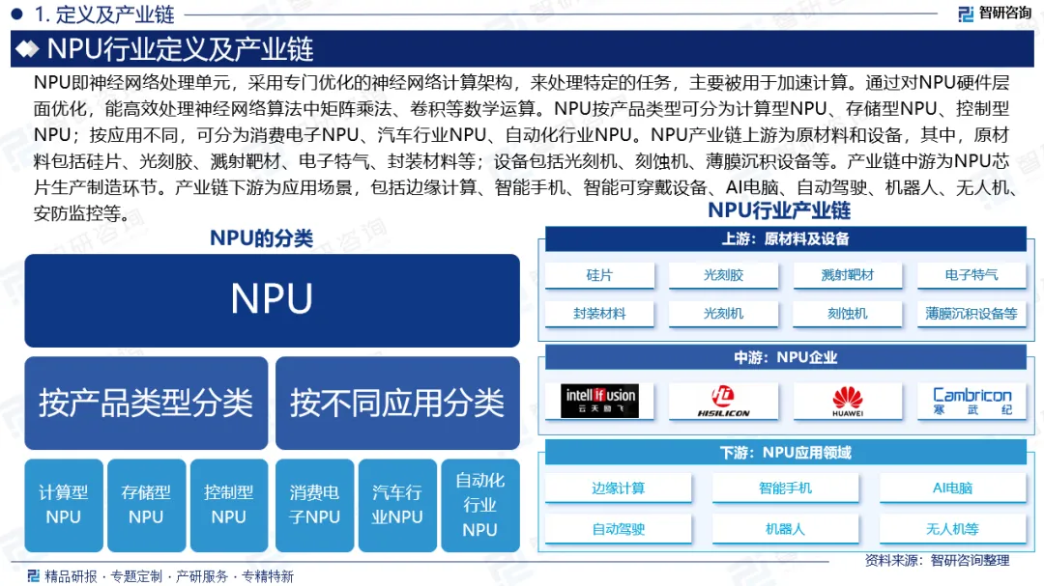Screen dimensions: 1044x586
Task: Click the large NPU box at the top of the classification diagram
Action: pyautogui.click(x=272, y=299)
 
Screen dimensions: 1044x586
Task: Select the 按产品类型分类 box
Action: pyautogui.click(x=146, y=403)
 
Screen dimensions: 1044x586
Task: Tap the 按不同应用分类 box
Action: pyautogui.click(x=397, y=403)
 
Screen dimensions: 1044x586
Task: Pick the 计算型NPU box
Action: pyautogui.click(x=64, y=504)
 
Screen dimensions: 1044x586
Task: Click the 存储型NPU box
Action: pyautogui.click(x=146, y=504)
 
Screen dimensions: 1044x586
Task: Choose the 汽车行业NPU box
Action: pyautogui.click(x=397, y=504)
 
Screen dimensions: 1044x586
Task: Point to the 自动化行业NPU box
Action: pyautogui.click(x=479, y=504)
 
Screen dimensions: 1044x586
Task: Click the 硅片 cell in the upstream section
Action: pyautogui.click(x=599, y=275)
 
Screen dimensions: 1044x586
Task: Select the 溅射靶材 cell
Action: pyautogui.click(x=848, y=275)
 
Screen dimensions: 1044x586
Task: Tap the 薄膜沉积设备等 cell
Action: pyautogui.click(x=971, y=313)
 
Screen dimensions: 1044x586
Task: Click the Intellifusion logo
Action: pyautogui.click(x=600, y=400)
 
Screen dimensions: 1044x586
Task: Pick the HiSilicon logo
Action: pyautogui.click(x=724, y=400)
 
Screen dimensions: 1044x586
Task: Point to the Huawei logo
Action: pyautogui.click(x=848, y=400)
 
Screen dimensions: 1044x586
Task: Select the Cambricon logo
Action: pyautogui.click(x=971, y=400)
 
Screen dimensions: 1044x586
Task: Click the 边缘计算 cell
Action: pyautogui.click(x=619, y=488)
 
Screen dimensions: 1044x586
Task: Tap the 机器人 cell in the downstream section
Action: pyautogui.click(x=785, y=528)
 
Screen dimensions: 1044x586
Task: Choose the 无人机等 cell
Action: pyautogui.click(x=952, y=528)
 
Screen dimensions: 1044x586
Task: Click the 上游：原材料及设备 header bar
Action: pyautogui.click(x=785, y=238)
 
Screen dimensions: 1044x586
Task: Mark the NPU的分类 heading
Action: pyautogui.click(x=262, y=237)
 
